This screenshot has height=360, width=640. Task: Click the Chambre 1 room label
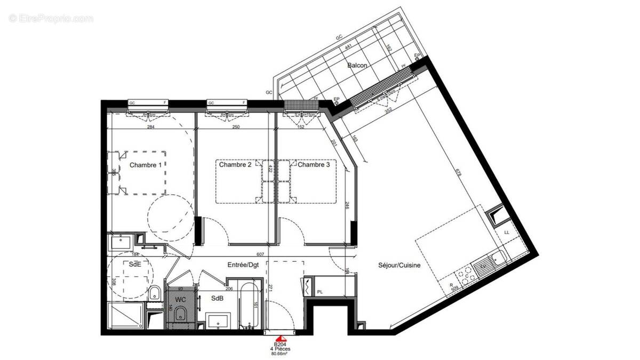(x=146, y=165)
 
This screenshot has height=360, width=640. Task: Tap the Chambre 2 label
(x=235, y=165)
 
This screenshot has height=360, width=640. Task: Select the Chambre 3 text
(x=314, y=165)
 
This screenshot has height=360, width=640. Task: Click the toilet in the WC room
(x=180, y=313)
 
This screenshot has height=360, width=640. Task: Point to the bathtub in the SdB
(x=250, y=307)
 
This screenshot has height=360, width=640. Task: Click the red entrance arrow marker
(x=281, y=338)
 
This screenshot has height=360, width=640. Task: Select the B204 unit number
(x=281, y=345)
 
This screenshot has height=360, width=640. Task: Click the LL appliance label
(x=506, y=233)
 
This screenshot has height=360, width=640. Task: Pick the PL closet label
(x=320, y=291)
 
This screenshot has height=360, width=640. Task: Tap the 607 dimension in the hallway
(x=260, y=254)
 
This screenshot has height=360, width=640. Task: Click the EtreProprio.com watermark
(x=51, y=18)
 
